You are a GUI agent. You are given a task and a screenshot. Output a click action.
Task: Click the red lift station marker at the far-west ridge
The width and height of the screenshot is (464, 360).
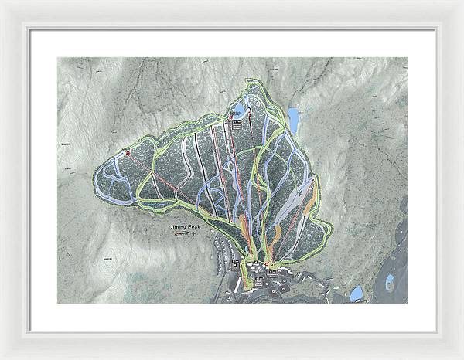pos(128,153)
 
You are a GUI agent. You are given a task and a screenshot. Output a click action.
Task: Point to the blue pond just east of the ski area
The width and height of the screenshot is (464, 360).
pos(294,118)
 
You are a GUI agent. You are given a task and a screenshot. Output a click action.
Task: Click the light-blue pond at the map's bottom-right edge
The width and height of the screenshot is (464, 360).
pos(357,294)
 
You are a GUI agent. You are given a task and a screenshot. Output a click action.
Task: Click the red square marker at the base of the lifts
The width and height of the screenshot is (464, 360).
pos(266,263)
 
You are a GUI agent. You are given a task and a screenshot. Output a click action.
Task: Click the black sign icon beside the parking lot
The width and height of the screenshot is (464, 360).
pos(237,265)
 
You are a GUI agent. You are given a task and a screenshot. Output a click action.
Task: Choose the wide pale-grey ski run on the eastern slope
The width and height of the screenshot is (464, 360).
pos(290,202)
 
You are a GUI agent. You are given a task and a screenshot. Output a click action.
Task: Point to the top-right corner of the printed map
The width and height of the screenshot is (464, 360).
pos(408,57)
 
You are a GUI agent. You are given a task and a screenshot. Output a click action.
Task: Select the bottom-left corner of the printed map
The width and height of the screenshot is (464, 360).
pos(57,303)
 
